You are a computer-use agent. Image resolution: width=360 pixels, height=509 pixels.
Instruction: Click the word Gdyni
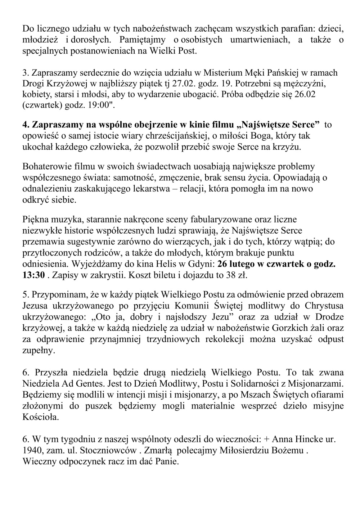(201, 263)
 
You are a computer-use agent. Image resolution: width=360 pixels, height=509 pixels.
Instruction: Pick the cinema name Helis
(167, 263)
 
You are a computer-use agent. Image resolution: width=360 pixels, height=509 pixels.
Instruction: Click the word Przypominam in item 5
(58, 295)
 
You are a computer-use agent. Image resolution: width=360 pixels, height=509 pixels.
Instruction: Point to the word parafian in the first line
(260, 28)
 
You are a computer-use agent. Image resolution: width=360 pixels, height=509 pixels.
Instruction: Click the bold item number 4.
(26, 125)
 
